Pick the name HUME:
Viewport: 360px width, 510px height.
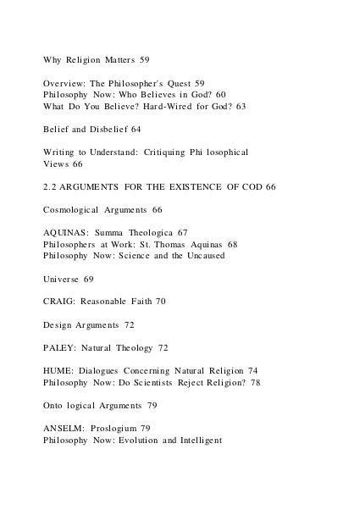pos(59,370)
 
